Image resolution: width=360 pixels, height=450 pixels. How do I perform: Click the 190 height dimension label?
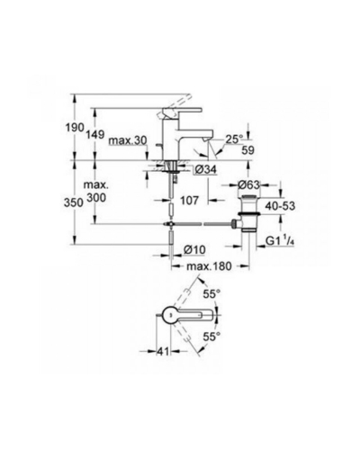75,128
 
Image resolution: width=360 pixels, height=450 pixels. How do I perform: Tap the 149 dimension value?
95,134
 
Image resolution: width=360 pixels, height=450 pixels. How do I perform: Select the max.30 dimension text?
128,140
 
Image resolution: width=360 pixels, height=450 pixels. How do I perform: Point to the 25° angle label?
234,139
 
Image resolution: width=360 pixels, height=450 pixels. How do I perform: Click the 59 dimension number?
247,150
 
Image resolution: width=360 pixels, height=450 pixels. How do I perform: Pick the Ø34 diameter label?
205,170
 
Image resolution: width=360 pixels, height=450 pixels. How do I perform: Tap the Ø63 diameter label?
248,184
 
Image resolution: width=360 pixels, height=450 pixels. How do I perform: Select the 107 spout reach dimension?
189,200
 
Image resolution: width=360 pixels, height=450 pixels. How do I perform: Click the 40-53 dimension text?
280,206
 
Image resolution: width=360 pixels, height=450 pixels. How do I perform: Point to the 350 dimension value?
74,202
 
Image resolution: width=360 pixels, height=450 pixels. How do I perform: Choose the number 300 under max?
96,198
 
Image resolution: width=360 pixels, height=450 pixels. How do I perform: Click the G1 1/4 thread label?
279,240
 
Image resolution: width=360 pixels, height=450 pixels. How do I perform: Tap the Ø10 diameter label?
194,249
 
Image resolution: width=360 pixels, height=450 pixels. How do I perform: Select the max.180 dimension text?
209,265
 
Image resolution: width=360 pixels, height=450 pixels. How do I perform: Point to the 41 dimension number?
163,352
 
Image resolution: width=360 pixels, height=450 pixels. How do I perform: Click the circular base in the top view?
170,315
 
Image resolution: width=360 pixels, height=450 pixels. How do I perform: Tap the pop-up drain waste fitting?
248,213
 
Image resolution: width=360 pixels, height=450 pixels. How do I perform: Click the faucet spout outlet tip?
206,139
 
